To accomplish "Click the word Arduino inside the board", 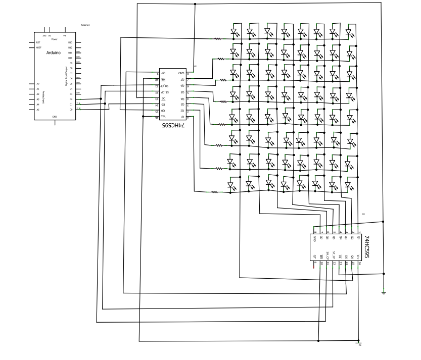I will click(x=54, y=53).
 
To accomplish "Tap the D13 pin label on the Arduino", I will click(x=70, y=43).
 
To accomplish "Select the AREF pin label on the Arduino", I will click(x=39, y=48).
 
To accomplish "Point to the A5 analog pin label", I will click(x=37, y=110).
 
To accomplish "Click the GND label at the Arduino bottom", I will click(x=55, y=117).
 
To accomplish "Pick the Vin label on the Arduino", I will click(x=65, y=36).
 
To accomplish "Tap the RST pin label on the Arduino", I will click(x=38, y=43).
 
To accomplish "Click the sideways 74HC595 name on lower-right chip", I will click(x=367, y=247).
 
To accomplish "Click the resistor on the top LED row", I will click(x=218, y=38).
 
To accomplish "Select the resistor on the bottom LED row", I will click(x=214, y=192).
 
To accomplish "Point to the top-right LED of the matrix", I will click(x=349, y=31).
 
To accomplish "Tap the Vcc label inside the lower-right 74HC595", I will click(x=358, y=256).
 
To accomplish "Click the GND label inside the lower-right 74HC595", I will click(x=314, y=238).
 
